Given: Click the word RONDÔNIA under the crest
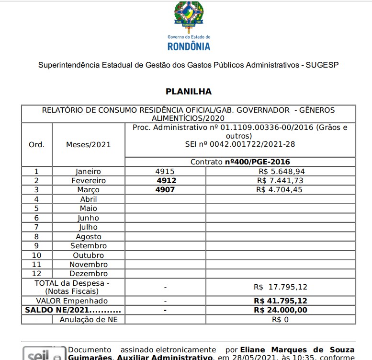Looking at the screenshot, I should tap(189, 46).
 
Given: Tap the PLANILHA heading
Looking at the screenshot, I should tap(189, 91).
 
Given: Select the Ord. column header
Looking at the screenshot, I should tap(37, 145).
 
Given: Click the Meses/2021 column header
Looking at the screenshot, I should tap(88, 145).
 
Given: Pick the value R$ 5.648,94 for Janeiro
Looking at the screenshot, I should tap(281, 171).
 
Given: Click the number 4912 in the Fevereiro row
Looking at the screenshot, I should tap(166, 181).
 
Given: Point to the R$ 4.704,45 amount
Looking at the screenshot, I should tap(281, 190).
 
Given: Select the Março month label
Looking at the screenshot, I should tap(89, 190).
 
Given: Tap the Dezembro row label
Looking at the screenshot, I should tap(89, 274).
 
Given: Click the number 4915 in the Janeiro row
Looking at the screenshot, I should tap(165, 171).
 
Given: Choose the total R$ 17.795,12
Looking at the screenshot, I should tap(281, 287).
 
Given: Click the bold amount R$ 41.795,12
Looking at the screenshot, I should tap(281, 301).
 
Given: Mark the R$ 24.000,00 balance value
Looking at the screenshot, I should tap(281, 310).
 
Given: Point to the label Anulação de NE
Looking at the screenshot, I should tap(89, 319).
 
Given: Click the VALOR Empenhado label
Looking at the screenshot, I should tap(72, 301).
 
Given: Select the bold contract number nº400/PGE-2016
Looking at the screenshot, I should tap(258, 162).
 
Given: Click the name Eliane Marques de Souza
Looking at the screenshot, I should tap(298, 349).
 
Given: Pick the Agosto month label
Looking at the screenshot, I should tap(89, 236).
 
